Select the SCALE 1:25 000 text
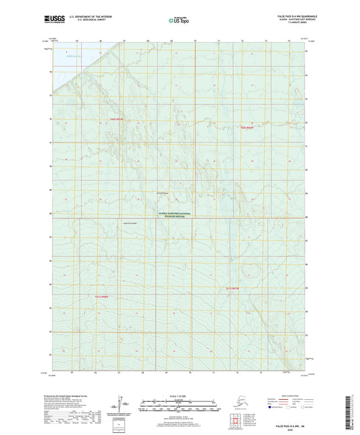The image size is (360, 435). (x=179, y=399)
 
